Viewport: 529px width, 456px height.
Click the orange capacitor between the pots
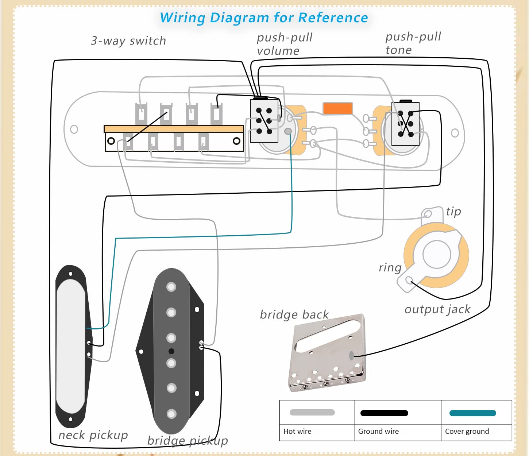337,108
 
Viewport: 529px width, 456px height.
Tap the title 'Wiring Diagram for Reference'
264,18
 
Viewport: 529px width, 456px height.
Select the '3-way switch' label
128,40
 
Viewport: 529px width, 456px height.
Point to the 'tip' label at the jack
453,212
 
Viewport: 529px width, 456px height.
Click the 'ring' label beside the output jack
390,267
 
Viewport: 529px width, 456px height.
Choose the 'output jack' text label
437,309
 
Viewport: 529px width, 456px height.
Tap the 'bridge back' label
294,314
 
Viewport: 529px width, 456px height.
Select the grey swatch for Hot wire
312,413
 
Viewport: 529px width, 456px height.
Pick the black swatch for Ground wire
384,413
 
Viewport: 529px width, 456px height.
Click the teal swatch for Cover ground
472,413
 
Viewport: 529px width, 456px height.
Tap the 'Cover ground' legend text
467,432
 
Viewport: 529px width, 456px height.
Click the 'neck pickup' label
93,435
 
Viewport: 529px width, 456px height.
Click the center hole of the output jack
437,254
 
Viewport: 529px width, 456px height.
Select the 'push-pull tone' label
413,43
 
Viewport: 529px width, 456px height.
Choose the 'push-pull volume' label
285,44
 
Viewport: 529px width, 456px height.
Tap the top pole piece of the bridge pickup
171,287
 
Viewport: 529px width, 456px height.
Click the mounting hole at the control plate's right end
455,133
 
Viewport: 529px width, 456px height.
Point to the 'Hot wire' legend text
297,432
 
